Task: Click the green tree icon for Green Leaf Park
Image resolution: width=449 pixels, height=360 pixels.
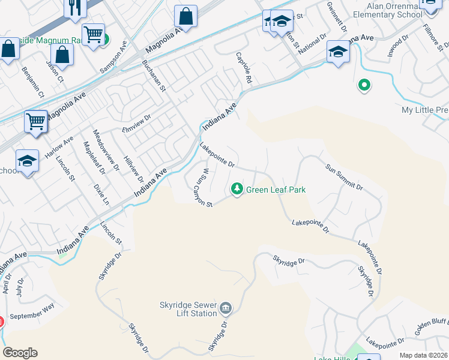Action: pyautogui.click(x=237, y=190)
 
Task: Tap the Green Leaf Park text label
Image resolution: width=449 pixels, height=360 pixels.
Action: pyautogui.click(x=276, y=190)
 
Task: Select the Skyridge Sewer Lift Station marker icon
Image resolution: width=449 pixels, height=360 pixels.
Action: pyautogui.click(x=226, y=308)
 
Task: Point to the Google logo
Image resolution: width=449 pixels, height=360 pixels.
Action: pyautogui.click(x=20, y=353)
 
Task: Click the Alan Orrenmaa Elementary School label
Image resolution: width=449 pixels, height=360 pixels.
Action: pyautogui.click(x=384, y=10)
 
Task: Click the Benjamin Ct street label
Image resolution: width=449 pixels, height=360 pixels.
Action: pyautogui.click(x=32, y=83)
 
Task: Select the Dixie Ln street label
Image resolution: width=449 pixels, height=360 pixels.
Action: pyautogui.click(x=101, y=194)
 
